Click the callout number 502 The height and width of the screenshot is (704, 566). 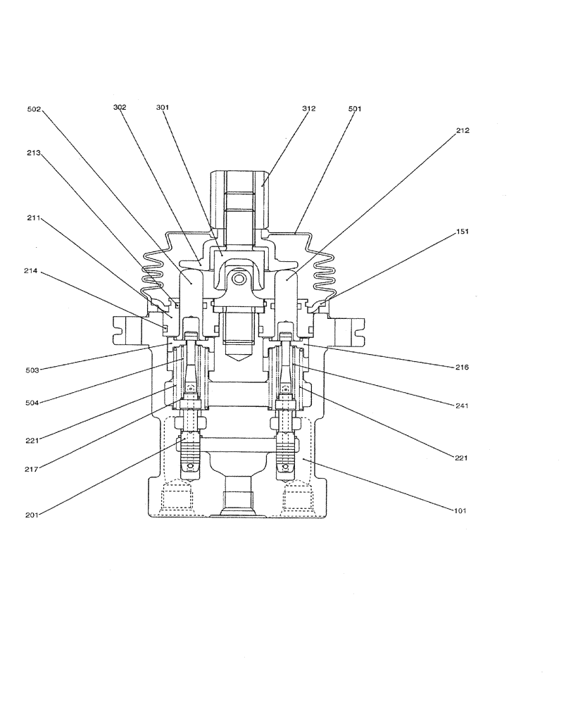[x=34, y=110]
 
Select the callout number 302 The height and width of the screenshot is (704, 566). [x=120, y=108]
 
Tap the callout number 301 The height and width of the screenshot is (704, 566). [x=163, y=108]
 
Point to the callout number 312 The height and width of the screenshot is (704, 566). [x=308, y=109]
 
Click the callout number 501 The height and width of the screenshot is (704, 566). [x=356, y=109]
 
